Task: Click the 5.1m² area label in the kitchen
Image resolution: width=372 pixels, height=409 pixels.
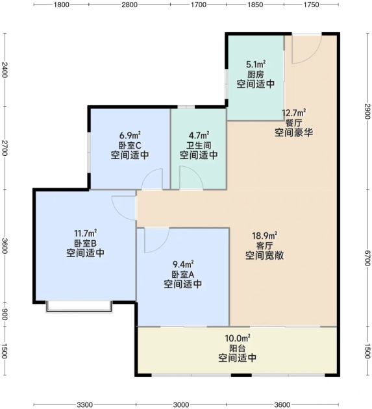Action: coord(256,64)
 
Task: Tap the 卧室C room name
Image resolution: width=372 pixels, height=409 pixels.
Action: coord(130,145)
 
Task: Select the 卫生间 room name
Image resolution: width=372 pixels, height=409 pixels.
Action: coord(199,145)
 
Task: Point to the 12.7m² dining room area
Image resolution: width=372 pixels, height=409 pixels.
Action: coord(294,113)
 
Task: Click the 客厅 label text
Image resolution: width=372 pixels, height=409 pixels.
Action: coord(264,245)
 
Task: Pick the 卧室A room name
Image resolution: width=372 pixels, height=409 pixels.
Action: coord(182,274)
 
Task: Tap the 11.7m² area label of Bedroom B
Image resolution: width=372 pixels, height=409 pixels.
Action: coord(85,233)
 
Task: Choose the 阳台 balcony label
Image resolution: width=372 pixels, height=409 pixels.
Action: coord(237,348)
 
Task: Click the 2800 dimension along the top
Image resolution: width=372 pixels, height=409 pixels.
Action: coord(129,5)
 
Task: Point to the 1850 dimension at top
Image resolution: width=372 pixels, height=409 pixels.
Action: coord(255,5)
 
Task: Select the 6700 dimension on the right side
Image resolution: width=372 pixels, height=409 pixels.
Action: coord(367,258)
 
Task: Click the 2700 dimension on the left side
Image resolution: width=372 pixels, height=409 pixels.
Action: coord(5,148)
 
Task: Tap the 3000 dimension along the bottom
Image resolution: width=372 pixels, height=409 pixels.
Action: coord(181,404)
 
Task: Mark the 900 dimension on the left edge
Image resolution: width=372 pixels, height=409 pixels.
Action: coord(5,315)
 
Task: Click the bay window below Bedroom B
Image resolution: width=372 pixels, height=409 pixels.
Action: coord(79,306)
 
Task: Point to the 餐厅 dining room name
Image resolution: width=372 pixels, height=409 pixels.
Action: coord(293,123)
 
